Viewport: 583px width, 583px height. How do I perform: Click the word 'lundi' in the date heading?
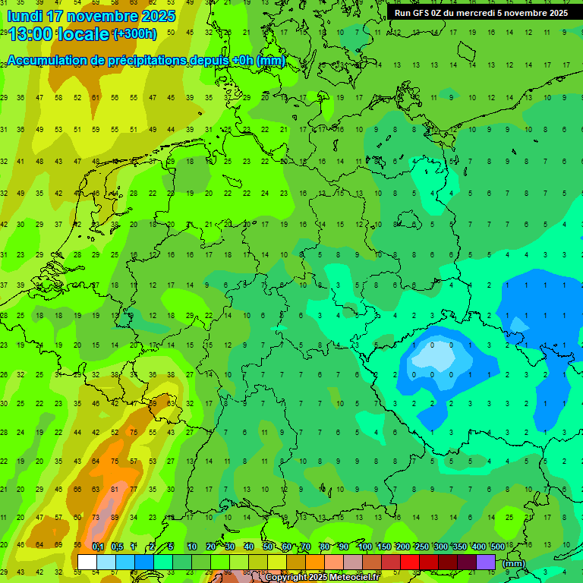pos(24,16)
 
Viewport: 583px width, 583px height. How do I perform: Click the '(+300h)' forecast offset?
pos(134,33)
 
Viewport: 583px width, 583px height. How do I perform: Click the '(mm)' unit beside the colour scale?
pos(513,563)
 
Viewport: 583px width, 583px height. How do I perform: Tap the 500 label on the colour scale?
pos(498,547)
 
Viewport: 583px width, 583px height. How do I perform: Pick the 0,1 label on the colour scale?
pos(98,547)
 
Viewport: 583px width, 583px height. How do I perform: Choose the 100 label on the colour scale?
pos(364,547)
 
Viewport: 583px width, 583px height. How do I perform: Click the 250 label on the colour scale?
pos(421,547)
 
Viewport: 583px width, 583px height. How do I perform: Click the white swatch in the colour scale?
pos(87,562)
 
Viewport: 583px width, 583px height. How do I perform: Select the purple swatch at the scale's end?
pos(486,562)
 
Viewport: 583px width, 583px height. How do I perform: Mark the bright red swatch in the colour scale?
pos(410,562)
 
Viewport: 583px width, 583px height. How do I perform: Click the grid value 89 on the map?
pos(115,518)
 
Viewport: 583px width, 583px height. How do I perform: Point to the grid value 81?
pos(115,490)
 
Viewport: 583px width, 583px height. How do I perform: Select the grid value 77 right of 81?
pos(134,490)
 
